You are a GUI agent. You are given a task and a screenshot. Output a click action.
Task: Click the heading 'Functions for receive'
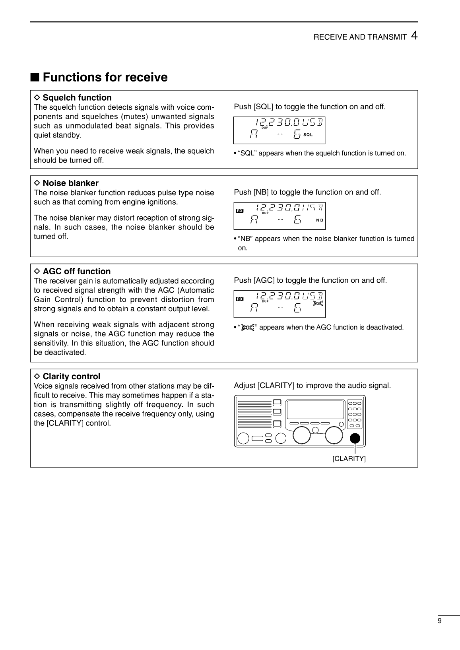(x=105, y=77)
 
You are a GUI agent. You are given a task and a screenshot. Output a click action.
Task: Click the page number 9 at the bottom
(x=439, y=621)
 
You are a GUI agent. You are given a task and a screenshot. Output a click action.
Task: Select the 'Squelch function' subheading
(x=77, y=98)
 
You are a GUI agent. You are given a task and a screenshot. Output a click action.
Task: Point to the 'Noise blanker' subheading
(x=70, y=183)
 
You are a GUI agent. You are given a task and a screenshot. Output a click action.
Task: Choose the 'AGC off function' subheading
(x=77, y=272)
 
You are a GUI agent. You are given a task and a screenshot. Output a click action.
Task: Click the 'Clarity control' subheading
(x=72, y=376)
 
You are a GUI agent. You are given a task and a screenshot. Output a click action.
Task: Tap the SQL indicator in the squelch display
(x=308, y=135)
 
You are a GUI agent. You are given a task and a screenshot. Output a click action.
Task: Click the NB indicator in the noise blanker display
(x=319, y=220)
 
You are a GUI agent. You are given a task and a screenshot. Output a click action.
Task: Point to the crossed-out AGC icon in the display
(x=318, y=304)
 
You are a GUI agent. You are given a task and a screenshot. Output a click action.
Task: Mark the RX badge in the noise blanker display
(x=240, y=211)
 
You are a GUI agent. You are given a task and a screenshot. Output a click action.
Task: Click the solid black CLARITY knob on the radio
(x=355, y=438)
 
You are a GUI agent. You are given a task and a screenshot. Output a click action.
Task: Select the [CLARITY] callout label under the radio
(x=349, y=459)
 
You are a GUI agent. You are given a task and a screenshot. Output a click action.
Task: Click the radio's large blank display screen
(x=315, y=409)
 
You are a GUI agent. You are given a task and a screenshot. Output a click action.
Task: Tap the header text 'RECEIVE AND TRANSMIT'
(x=360, y=37)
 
